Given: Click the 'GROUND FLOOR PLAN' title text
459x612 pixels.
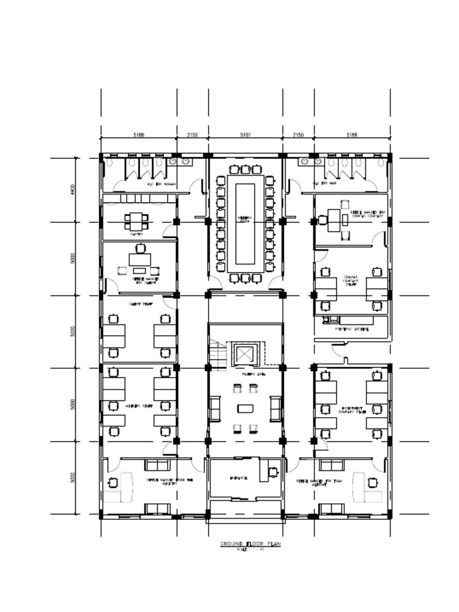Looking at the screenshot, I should (x=250, y=544).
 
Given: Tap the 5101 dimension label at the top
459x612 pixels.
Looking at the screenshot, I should (x=245, y=136).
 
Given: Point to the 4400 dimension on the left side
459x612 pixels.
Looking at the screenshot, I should (x=72, y=189).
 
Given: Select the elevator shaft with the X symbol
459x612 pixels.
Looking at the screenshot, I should (x=245, y=355).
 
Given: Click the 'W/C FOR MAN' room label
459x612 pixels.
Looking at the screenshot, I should (x=321, y=184).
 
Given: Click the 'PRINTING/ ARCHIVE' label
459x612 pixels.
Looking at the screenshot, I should (x=351, y=329).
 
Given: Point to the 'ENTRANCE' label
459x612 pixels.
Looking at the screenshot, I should (x=238, y=479).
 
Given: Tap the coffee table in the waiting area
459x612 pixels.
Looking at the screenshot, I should (x=245, y=409).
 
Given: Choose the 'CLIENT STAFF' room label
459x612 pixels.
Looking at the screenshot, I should (x=139, y=304).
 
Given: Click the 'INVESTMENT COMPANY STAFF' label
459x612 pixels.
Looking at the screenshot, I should (x=352, y=410).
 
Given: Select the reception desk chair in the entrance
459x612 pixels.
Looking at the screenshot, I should (x=273, y=472).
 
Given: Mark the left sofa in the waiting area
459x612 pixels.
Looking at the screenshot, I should (x=214, y=409).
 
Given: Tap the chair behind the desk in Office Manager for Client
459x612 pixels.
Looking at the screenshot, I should (x=140, y=249).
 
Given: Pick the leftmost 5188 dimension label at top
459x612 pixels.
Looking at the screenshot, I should (x=139, y=136).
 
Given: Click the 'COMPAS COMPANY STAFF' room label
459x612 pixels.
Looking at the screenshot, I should (x=351, y=281).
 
